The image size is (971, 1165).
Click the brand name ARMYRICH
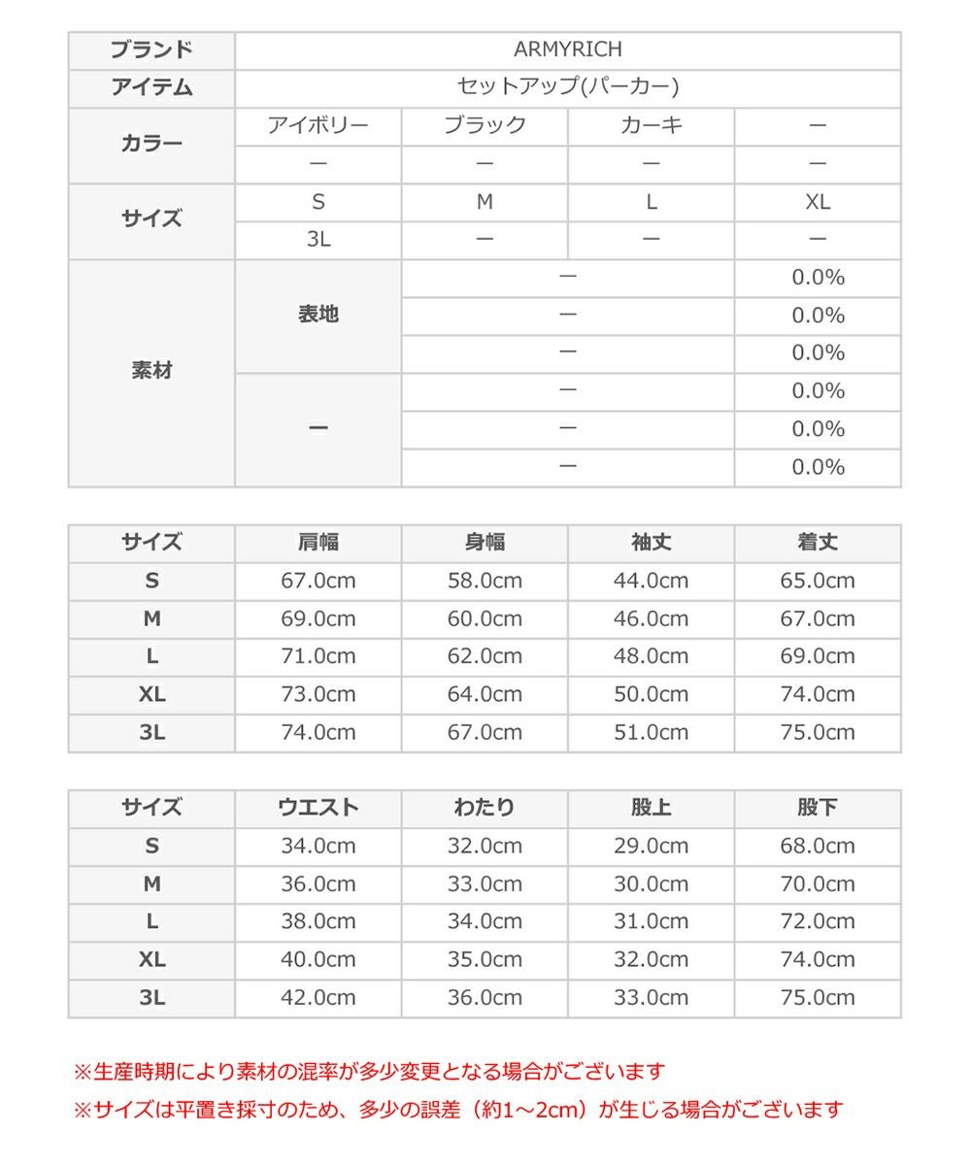[x=567, y=50]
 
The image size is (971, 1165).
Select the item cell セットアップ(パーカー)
[x=567, y=87]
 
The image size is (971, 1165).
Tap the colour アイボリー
[x=318, y=125]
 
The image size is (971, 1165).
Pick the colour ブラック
[x=485, y=125]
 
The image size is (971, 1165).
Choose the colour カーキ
[x=652, y=125]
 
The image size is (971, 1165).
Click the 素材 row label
[x=151, y=371]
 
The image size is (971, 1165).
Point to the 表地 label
[x=318, y=315]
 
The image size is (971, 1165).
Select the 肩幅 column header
[x=318, y=543]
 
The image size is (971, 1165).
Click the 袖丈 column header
[x=652, y=543]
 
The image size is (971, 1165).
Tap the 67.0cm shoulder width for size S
[x=318, y=581]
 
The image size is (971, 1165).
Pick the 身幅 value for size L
[x=485, y=656]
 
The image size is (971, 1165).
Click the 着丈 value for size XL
[x=818, y=694]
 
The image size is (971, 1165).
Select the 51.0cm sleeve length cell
[x=652, y=732]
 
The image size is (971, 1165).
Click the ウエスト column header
[x=318, y=808]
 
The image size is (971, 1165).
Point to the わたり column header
[x=485, y=808]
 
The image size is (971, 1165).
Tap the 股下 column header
[x=818, y=808]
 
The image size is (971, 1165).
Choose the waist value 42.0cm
[x=318, y=997]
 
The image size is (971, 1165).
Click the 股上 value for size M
[x=652, y=883]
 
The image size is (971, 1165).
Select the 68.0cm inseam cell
[x=818, y=846]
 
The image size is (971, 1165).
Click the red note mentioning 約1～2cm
[x=458, y=1109]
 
